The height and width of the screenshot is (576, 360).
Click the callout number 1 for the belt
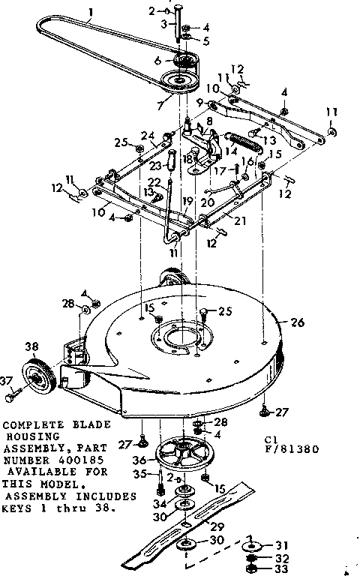tap(91, 12)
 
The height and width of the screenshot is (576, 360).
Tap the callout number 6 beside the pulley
tap(157, 61)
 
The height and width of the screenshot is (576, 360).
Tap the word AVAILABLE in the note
tap(39, 472)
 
